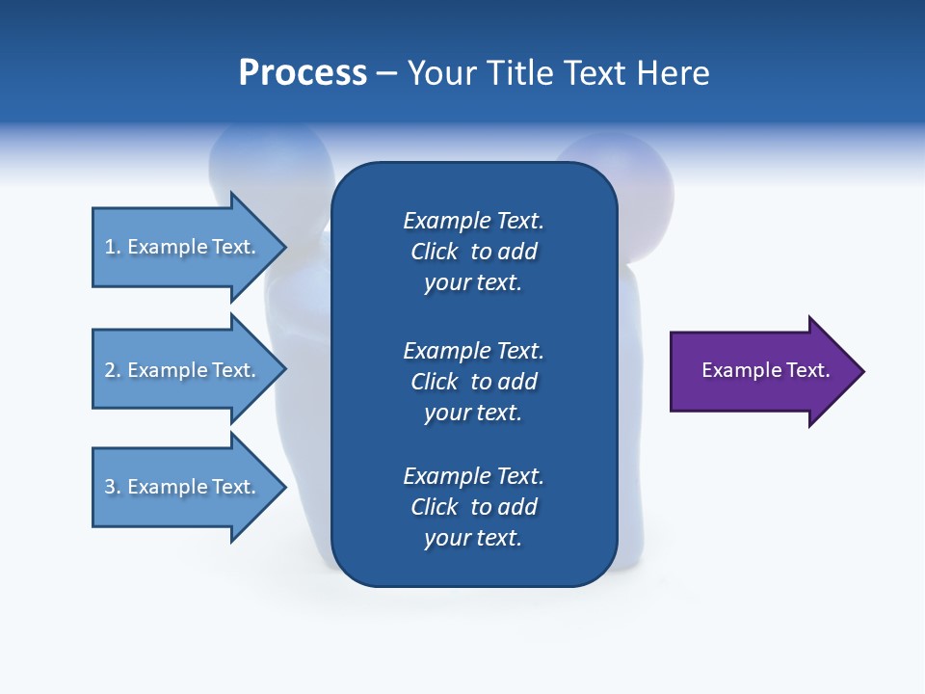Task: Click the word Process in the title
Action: pyautogui.click(x=303, y=72)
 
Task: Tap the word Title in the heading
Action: pyautogui.click(x=518, y=72)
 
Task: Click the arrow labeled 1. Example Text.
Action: pyautogui.click(x=190, y=248)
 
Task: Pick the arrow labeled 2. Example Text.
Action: pyautogui.click(x=190, y=369)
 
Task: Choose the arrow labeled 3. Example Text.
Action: pyautogui.click(x=190, y=487)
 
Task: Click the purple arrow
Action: pyautogui.click(x=768, y=371)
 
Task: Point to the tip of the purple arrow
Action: pyautogui.click(x=865, y=371)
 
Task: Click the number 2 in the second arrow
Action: pyautogui.click(x=110, y=370)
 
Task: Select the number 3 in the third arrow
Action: pyautogui.click(x=110, y=487)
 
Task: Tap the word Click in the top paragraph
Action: pyautogui.click(x=435, y=252)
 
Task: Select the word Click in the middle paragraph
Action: pyautogui.click(x=435, y=382)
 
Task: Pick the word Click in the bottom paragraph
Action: pyautogui.click(x=435, y=507)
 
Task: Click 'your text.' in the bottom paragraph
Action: pyautogui.click(x=473, y=538)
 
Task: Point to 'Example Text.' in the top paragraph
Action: pyautogui.click(x=473, y=221)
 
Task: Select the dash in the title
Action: pyautogui.click(x=387, y=74)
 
